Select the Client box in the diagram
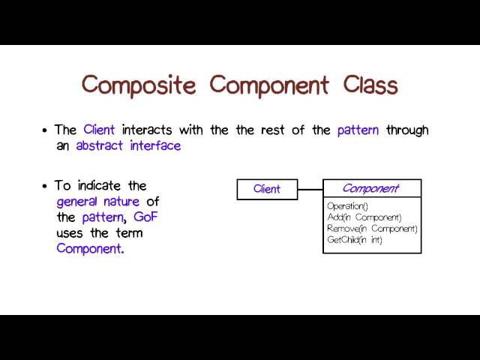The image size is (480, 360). pyautogui.click(x=267, y=189)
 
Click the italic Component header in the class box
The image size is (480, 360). pyautogui.click(x=371, y=189)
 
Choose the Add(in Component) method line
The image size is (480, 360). pyautogui.click(x=364, y=217)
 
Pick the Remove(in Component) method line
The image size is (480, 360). pyautogui.click(x=372, y=228)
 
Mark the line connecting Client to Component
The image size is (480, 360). pyautogui.click(x=310, y=189)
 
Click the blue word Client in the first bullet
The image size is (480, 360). pyautogui.click(x=99, y=130)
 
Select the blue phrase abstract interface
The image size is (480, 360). pyautogui.click(x=128, y=146)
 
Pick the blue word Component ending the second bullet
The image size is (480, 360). pyautogui.click(x=88, y=249)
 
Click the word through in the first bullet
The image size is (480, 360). pyautogui.click(x=407, y=130)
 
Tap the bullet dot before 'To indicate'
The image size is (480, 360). pyautogui.click(x=46, y=186)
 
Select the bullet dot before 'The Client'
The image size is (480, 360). pyautogui.click(x=46, y=130)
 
